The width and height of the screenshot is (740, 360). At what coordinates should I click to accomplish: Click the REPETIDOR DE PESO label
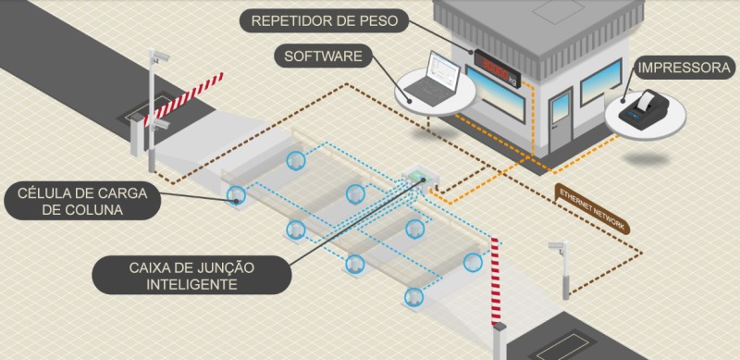(x=324, y=21)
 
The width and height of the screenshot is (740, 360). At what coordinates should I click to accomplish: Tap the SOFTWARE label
(x=323, y=56)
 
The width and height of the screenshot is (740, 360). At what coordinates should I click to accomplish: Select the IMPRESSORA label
(x=684, y=68)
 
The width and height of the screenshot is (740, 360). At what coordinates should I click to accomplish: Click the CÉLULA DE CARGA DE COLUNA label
(x=82, y=201)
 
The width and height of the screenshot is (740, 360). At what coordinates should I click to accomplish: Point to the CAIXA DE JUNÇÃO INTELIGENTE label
(x=191, y=276)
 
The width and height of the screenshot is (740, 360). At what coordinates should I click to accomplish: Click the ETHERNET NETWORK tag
(x=592, y=208)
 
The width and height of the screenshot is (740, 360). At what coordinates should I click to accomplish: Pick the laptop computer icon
(x=430, y=79)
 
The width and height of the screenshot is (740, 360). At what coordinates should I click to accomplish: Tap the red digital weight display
(x=498, y=68)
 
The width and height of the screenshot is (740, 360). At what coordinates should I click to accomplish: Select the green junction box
(x=418, y=177)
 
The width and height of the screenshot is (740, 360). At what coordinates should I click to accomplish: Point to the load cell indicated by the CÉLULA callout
(x=236, y=194)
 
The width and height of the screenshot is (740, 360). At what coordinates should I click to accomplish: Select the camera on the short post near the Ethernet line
(x=558, y=247)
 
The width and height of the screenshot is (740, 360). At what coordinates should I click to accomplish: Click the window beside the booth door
(x=600, y=81)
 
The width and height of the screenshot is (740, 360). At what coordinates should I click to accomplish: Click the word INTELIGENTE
(x=191, y=284)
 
